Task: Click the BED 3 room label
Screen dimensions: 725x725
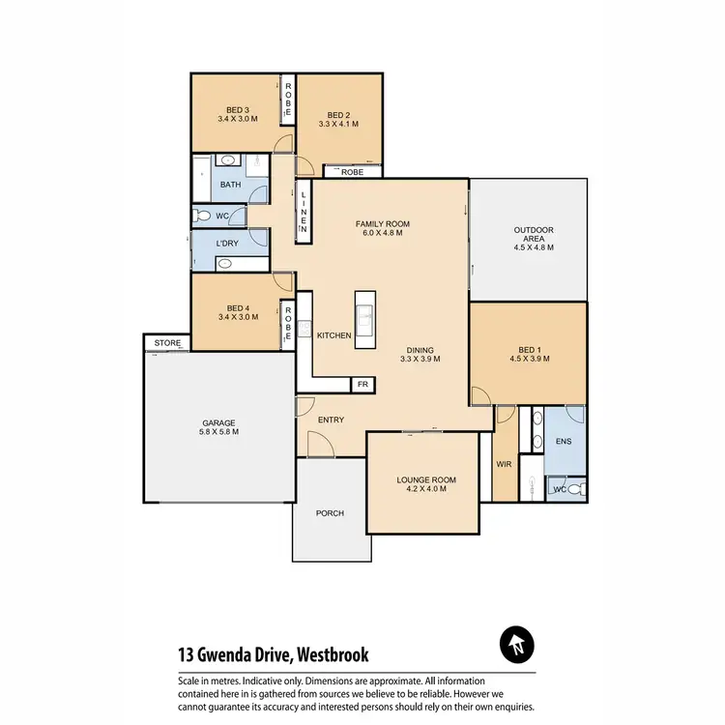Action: point(237,109)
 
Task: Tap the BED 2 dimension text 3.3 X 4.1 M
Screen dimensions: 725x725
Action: point(338,124)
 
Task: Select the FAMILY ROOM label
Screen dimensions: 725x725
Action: point(384,223)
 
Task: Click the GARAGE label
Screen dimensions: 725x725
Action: point(219,422)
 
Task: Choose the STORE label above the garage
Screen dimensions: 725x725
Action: point(167,342)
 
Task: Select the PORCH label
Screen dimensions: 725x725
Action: point(331,512)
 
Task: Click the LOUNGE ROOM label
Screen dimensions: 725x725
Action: point(425,479)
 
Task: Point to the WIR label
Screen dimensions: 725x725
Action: point(504,464)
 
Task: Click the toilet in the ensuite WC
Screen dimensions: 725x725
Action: point(574,490)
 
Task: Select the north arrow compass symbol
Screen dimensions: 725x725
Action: point(516,643)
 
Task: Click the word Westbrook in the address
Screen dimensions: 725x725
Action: point(331,654)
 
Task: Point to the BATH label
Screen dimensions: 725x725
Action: point(230,184)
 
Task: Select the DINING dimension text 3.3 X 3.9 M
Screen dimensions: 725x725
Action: point(420,359)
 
